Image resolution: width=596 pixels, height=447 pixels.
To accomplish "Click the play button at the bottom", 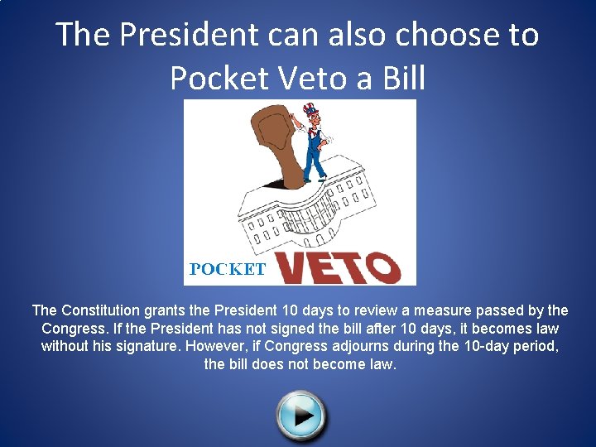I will tap(301, 414).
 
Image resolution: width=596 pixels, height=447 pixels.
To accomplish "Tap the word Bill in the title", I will tap(397, 78).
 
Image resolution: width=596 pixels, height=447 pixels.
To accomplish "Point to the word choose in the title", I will tap(447, 35).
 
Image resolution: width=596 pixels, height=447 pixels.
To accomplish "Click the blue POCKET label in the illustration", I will tap(228, 269).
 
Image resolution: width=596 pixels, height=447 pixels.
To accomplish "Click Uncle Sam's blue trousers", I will tap(315, 157).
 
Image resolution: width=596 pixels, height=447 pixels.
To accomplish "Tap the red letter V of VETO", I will tap(294, 267).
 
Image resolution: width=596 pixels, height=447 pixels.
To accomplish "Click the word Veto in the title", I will tap(317, 78).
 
